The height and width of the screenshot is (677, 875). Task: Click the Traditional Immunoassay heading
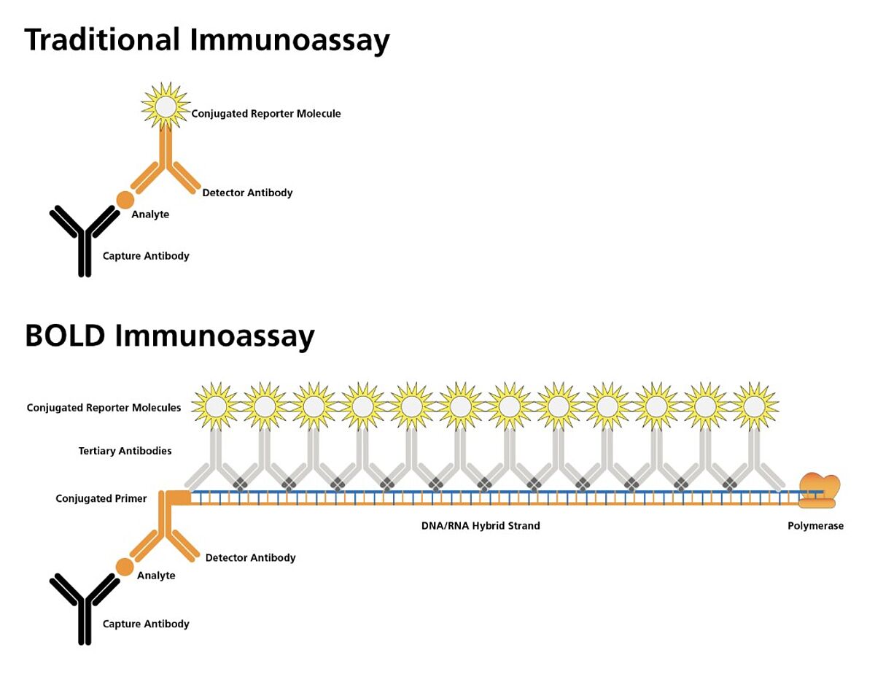pyautogui.click(x=207, y=41)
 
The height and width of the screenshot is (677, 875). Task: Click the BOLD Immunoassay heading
pyautogui.click(x=169, y=336)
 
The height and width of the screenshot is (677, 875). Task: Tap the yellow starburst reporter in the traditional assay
pyautogui.click(x=166, y=106)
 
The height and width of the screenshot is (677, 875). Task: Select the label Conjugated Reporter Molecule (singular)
pyautogui.click(x=266, y=114)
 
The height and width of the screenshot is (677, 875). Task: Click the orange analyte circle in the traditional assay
pyautogui.click(x=125, y=199)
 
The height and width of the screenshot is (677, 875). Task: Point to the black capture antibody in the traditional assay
pyautogui.click(x=85, y=241)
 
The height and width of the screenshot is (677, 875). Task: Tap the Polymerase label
pyautogui.click(x=815, y=526)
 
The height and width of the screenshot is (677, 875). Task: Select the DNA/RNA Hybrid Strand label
pyautogui.click(x=481, y=525)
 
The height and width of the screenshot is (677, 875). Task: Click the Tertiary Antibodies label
pyautogui.click(x=125, y=451)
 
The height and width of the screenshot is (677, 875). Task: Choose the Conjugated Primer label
pyautogui.click(x=101, y=499)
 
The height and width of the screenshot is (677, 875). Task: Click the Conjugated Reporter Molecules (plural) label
pyautogui.click(x=104, y=408)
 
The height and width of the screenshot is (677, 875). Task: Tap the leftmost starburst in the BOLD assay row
pyautogui.click(x=216, y=405)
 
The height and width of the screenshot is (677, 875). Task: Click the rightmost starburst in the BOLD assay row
pyautogui.click(x=755, y=405)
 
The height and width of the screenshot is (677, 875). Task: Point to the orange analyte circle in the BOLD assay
pyautogui.click(x=125, y=567)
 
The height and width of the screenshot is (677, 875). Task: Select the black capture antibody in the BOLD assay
pyautogui.click(x=85, y=609)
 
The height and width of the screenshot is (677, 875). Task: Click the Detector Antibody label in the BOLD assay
pyautogui.click(x=250, y=557)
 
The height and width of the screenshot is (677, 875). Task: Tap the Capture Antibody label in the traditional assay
pyautogui.click(x=146, y=256)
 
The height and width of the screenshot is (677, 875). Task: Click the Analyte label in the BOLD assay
pyautogui.click(x=156, y=576)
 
